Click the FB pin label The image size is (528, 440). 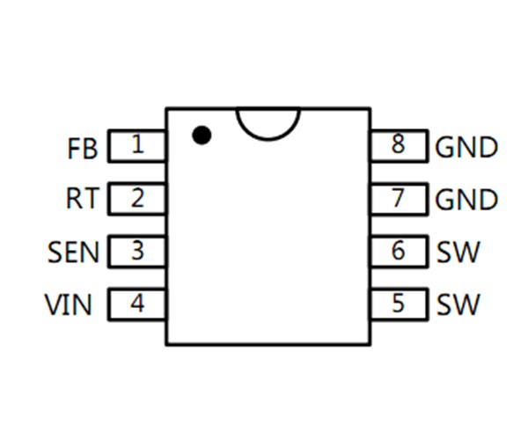pos(82,148)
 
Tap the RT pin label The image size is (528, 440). pos(82,200)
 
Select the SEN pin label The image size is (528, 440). pos(74,253)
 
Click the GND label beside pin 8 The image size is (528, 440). pos(466,148)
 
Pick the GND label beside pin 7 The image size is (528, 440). pos(466,201)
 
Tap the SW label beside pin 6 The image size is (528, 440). pos(458,253)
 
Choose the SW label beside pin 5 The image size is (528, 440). pos(458,305)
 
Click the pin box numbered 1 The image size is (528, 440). pos(137,146)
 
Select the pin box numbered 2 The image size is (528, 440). pos(137,199)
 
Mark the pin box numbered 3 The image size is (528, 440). pos(137,252)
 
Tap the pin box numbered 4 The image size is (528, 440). pos(137,304)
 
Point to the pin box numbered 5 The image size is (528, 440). pos(399,304)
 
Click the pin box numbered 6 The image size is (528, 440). pos(399,252)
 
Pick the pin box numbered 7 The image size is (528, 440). pos(399,199)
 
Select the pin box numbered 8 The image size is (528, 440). pos(399,146)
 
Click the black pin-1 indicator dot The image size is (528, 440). pos(202,135)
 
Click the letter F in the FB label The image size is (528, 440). pos(74,148)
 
